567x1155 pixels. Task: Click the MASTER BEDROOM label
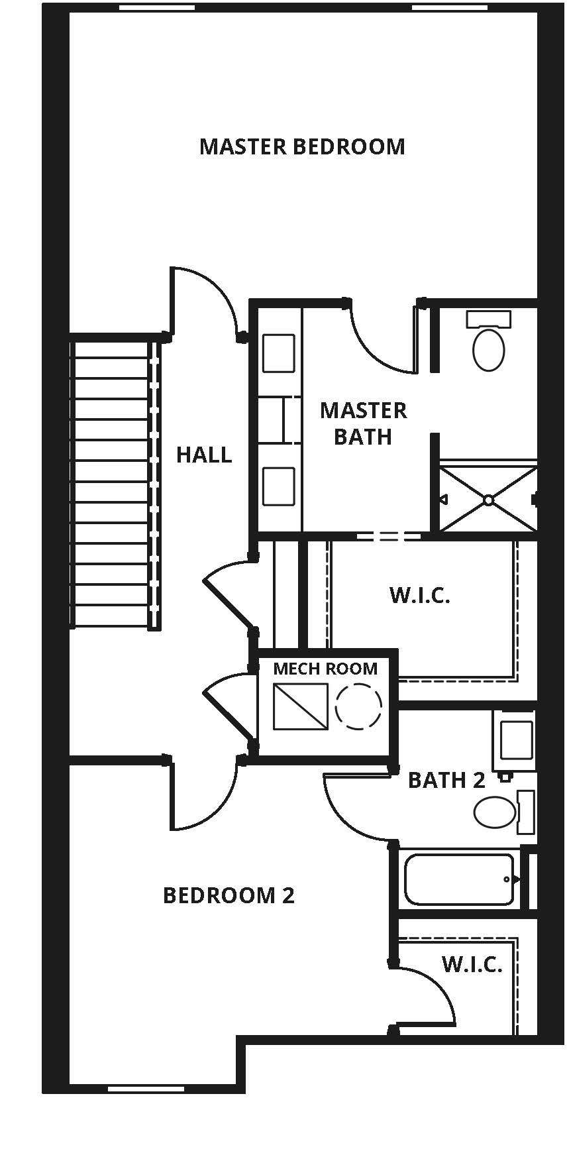pos(302,146)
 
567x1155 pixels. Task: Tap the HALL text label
pos(204,455)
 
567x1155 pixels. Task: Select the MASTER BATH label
pos(363,423)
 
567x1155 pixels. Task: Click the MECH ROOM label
pos(325,669)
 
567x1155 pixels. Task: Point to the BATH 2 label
pos(446,780)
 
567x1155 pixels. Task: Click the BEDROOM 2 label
pos(229,895)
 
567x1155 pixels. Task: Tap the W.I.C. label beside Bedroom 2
pos(472,964)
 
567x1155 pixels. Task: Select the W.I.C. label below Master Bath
pos(420,595)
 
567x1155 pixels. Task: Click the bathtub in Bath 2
pos(459,879)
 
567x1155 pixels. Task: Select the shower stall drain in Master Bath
pos(488,499)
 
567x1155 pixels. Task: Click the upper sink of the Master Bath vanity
pos(278,353)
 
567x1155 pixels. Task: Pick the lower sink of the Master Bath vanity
pos(278,486)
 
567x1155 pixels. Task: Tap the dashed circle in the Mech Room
pos(358,706)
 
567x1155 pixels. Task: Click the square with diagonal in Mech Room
pos(301,706)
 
